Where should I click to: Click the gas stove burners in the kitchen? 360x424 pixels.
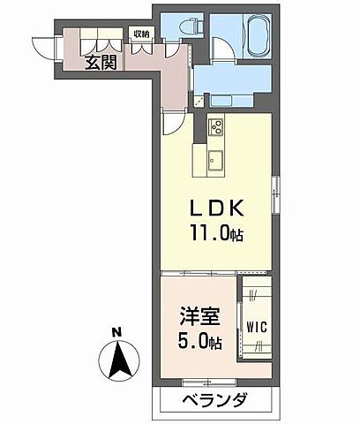click(216, 132)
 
